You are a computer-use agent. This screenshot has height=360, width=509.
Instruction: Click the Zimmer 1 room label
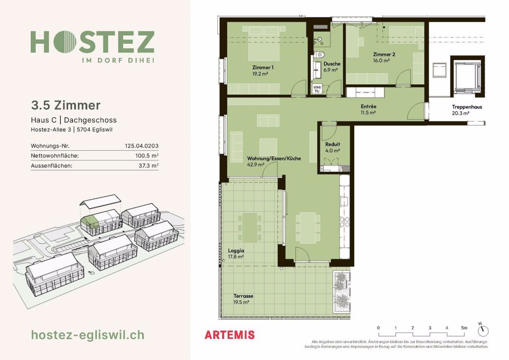pos(263,68)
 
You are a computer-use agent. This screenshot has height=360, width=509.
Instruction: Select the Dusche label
pos(332,64)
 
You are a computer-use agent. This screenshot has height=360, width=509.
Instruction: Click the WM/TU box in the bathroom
pos(317,89)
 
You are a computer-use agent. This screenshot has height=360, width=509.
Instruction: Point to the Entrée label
pos(368,106)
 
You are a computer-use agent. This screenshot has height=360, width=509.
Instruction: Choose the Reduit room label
pos(332,144)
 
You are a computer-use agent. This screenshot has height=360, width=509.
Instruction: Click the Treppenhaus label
pos(466,107)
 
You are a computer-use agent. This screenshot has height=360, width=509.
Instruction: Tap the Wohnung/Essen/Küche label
pos(274,158)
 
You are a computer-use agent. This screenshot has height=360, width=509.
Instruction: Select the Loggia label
pos(236,251)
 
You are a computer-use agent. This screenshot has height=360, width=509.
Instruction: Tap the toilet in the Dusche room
pos(320,54)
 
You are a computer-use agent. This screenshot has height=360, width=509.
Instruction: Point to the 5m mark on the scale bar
pos(464,327)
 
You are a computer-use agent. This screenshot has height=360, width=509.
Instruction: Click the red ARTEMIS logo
pos(229,335)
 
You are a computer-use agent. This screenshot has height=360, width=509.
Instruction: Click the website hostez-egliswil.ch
pos(88,335)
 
